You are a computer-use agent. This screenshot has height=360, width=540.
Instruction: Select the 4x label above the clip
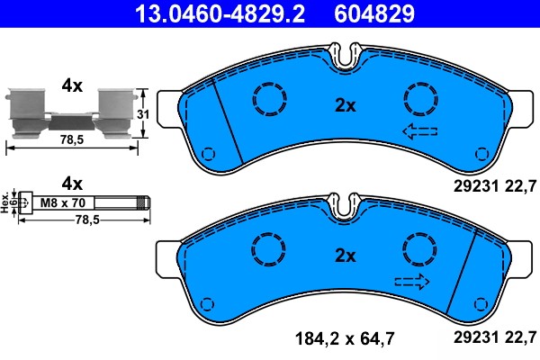(71, 85)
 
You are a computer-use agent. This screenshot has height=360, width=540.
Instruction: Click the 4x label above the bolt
(71, 180)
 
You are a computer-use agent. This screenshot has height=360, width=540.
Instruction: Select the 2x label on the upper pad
(346, 105)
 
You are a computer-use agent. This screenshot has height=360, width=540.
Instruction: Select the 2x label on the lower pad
(346, 255)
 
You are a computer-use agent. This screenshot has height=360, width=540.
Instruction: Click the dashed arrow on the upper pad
(419, 132)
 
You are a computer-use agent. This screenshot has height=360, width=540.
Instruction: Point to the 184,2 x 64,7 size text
(350, 340)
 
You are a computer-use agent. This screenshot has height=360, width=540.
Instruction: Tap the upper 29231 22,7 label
(492, 185)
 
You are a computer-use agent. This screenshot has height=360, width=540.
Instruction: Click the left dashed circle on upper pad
(268, 99)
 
